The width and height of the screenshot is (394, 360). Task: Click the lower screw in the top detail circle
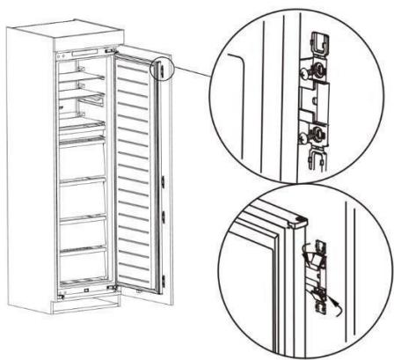(314, 133)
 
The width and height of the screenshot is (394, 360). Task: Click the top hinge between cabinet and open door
(111, 53)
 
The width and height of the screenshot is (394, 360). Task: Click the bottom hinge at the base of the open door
(113, 288)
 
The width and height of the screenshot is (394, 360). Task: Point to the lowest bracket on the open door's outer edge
(164, 279)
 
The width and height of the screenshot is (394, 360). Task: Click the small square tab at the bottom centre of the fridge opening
(88, 283)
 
